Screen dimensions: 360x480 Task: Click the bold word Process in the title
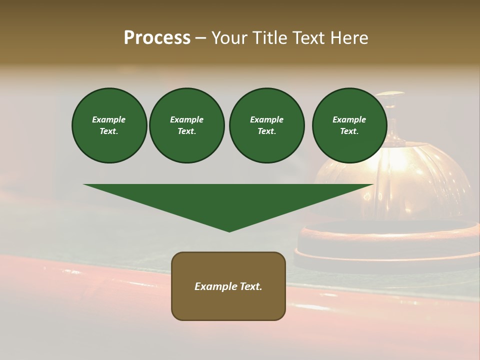(x=157, y=38)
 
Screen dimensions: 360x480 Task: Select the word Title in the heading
(x=270, y=38)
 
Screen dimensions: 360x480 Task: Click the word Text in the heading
(x=309, y=38)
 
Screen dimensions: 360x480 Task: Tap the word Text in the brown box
(x=251, y=286)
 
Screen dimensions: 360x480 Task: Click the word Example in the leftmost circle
(x=109, y=119)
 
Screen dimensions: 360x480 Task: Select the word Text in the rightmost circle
(x=349, y=131)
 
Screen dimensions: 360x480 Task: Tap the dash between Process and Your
(x=200, y=38)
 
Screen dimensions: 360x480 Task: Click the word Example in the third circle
(x=266, y=119)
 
